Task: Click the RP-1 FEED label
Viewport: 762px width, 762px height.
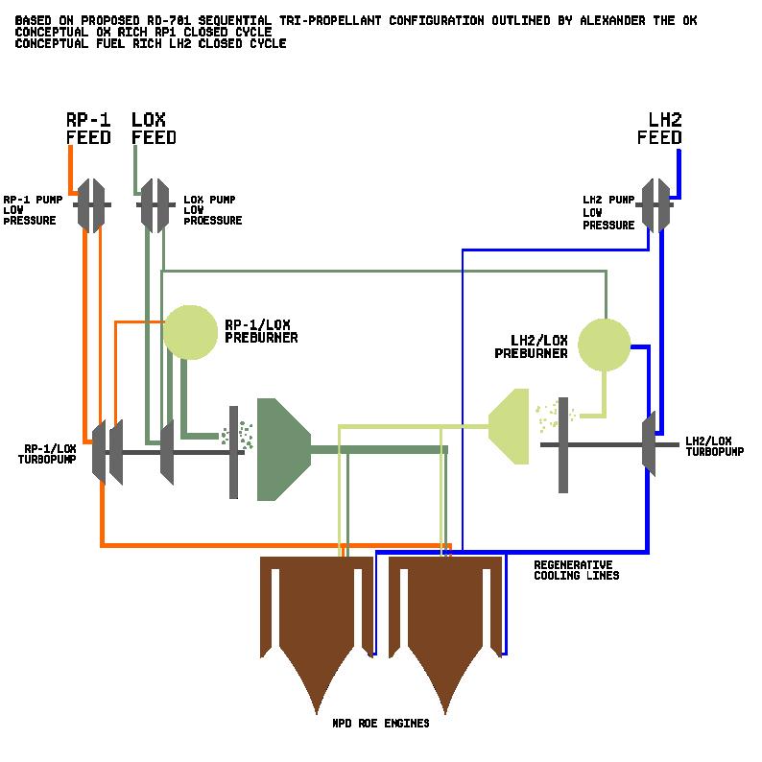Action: tap(88, 129)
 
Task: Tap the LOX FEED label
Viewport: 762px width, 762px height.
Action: tap(154, 129)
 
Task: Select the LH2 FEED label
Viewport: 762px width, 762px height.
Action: tap(659, 129)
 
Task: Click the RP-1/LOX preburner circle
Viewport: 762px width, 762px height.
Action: tap(190, 332)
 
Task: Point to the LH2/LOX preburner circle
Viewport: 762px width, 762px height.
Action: tap(604, 345)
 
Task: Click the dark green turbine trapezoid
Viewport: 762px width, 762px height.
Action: tap(281, 449)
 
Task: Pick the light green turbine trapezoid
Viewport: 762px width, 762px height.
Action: tap(512, 426)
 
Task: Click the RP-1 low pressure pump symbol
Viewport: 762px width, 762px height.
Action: tap(92, 204)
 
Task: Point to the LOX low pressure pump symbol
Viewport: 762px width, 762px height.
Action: tap(154, 204)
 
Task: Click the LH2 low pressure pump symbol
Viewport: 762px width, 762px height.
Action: tap(655, 204)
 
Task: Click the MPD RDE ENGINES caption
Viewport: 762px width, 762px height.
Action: tap(380, 723)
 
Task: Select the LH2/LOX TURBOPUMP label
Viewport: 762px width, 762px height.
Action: tap(715, 445)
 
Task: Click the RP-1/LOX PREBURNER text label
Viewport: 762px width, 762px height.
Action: tap(260, 330)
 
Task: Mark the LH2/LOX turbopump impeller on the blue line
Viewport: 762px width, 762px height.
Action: tap(650, 443)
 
